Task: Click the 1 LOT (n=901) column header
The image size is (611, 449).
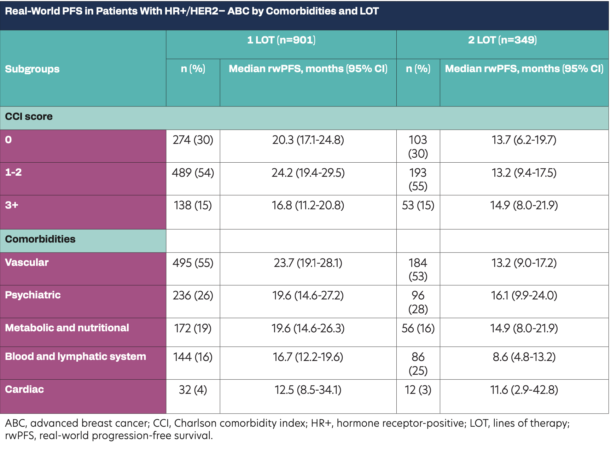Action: (281, 40)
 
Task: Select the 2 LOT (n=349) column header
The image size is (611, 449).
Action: (502, 40)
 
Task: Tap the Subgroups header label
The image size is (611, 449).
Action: (32, 69)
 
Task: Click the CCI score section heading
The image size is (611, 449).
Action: (29, 117)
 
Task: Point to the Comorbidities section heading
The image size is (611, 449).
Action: (40, 239)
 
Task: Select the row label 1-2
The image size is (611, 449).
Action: (13, 173)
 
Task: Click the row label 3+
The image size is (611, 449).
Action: (12, 205)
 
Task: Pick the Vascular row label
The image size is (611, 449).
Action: (27, 263)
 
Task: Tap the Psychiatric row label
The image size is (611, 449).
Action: (33, 295)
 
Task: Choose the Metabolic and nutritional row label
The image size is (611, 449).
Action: (67, 328)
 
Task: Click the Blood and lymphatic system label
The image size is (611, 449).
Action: (75, 357)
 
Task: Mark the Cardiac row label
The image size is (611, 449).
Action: (24, 390)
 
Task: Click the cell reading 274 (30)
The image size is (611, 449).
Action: (193, 140)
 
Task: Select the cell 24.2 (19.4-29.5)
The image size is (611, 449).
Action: (308, 173)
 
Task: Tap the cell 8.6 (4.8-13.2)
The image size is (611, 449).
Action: (524, 357)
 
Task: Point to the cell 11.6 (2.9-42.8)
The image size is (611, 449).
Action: (524, 390)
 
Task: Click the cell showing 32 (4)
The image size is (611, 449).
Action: (193, 390)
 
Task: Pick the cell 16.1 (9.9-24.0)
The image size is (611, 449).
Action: (524, 296)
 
